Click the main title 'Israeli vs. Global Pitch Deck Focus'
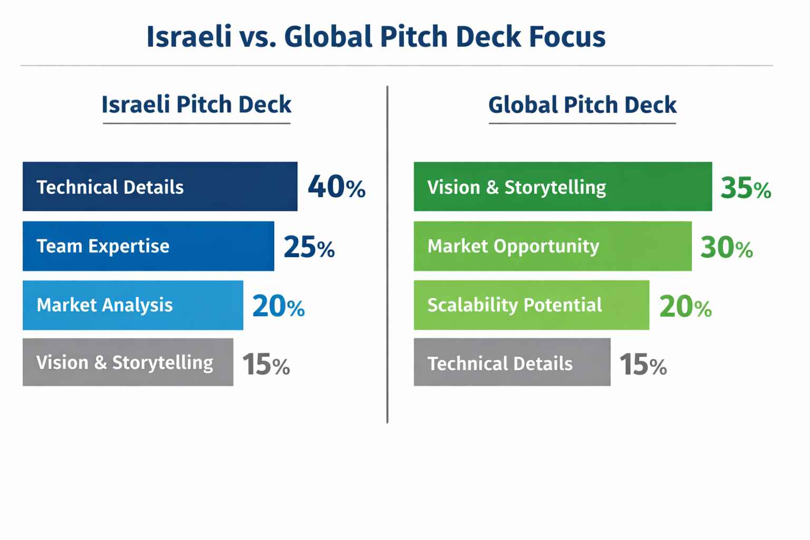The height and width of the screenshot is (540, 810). [375, 37]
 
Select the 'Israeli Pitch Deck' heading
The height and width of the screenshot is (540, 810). [196, 104]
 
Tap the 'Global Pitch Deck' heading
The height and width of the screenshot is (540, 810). [582, 104]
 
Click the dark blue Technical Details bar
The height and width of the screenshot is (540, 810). [160, 187]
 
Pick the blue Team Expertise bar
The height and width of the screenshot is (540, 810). [148, 246]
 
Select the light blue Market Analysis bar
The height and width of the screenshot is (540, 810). [133, 305]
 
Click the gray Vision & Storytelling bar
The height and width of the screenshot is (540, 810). [128, 362]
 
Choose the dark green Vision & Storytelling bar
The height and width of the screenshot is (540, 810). [563, 187]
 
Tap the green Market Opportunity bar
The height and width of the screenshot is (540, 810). [552, 246]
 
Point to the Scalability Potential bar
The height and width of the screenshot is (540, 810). [531, 305]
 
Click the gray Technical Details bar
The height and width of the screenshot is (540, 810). [512, 362]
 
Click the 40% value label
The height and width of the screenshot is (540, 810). [336, 187]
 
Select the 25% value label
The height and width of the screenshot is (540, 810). [309, 247]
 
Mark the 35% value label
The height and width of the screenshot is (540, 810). [746, 188]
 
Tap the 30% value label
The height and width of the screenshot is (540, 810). [726, 247]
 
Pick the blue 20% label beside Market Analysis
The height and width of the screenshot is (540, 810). [278, 306]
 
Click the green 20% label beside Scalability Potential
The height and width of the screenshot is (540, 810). [685, 306]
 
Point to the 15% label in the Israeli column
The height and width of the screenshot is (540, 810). [266, 364]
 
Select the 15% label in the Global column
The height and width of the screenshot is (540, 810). [643, 364]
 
